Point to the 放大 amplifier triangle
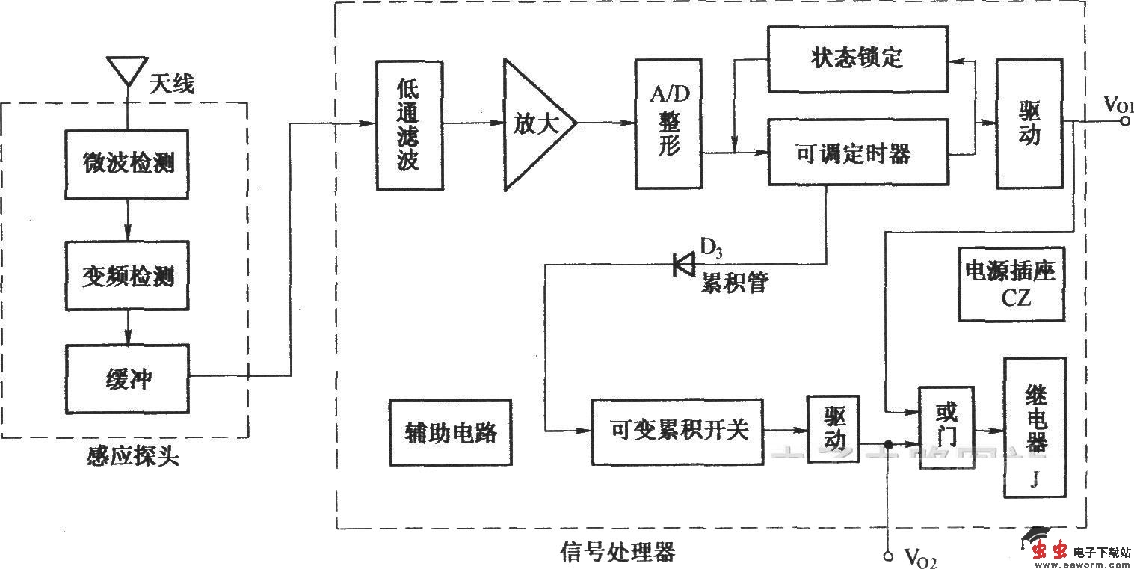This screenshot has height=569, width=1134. point(534,124)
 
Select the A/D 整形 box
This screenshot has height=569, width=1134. point(668,124)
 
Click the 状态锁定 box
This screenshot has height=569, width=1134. point(857,60)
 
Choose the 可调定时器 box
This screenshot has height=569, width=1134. point(857,153)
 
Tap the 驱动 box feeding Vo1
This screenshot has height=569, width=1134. point(1029,123)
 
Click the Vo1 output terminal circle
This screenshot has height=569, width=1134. point(1124,123)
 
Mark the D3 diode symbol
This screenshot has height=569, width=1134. point(682,263)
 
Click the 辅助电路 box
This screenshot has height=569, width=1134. point(451,431)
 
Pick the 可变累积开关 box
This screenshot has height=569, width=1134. point(677,431)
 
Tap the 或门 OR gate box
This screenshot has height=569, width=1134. point(946,427)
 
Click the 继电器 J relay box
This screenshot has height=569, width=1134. point(1035,427)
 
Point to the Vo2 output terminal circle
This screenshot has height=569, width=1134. point(887,555)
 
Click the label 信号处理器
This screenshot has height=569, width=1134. point(617,552)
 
